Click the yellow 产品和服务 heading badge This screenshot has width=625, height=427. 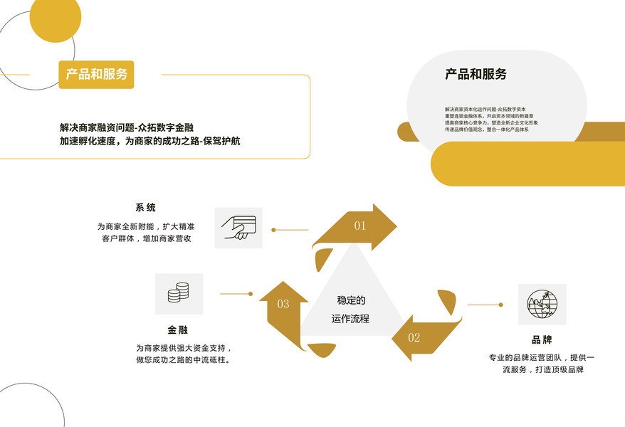96,74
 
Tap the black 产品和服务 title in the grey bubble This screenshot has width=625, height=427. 476,74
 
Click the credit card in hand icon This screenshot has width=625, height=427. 238,228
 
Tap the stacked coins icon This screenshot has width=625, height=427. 179,293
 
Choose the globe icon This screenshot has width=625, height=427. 542,304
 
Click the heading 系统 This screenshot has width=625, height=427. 145,208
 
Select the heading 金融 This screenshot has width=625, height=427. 178,330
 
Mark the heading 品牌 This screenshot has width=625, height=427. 542,340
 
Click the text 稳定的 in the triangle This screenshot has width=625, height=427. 351,300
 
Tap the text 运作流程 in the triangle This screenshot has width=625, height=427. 350,319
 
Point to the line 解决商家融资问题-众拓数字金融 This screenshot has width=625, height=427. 127,127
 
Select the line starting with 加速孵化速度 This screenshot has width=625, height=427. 149,141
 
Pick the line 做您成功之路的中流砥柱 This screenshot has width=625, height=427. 187,360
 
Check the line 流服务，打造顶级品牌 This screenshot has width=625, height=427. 542,369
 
